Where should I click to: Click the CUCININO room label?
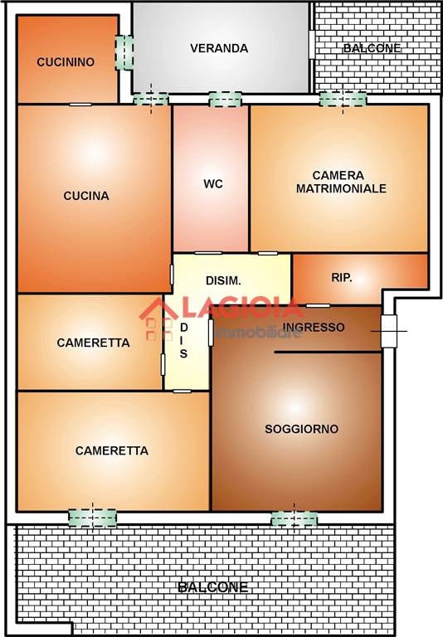coord(66,61)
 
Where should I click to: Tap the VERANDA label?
coord(219,48)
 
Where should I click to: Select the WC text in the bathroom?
coord(213,183)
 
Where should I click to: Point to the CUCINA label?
coord(86,196)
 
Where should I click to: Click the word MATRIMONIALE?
coord(341,188)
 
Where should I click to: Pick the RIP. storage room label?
coord(342,278)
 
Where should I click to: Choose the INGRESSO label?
coord(314,327)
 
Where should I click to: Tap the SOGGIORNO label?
coord(302,429)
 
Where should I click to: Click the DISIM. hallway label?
coord(223,280)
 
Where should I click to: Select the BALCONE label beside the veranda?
coord(372,48)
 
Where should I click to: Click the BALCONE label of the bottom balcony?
coord(213,587)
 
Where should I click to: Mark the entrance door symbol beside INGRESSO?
coord(389,331)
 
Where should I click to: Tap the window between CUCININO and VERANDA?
coord(124,52)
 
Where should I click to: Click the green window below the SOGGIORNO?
coord(295,518)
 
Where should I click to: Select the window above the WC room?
coord(225,100)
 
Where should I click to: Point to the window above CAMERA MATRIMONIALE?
coord(343,100)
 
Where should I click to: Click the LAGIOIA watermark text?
coord(242,309)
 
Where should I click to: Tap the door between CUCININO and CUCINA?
coord(80,105)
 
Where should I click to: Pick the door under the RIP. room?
coord(318,305)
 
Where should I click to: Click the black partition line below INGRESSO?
coord(328,353)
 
